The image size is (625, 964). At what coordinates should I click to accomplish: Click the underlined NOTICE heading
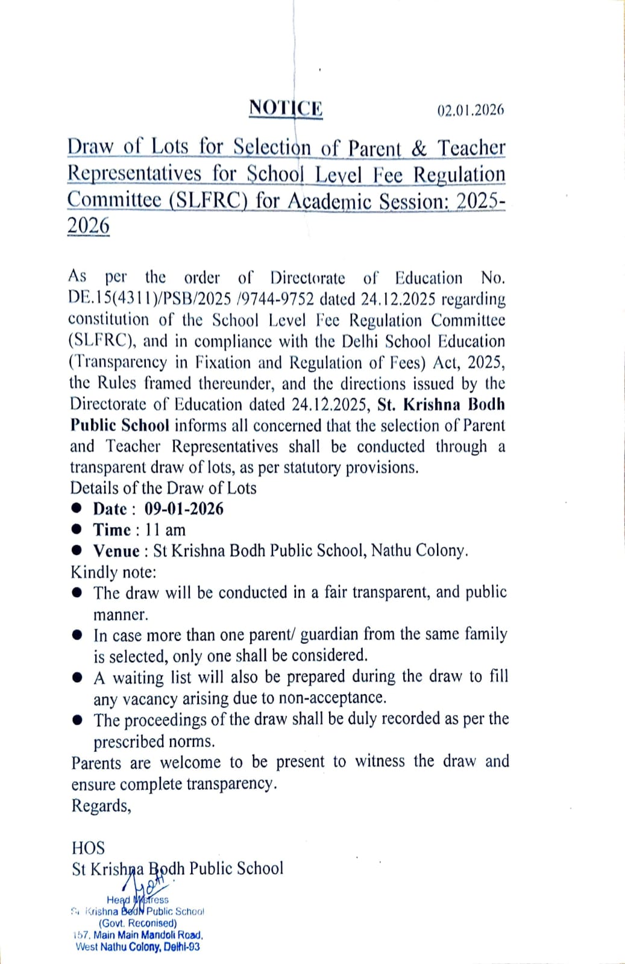point(286,108)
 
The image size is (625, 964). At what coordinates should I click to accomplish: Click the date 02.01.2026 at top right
point(470,110)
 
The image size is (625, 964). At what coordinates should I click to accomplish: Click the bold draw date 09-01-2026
point(184,509)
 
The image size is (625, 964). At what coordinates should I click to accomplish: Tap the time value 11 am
point(166,530)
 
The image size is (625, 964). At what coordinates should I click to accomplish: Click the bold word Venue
point(116,551)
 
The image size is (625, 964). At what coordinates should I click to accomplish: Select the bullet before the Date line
point(77,509)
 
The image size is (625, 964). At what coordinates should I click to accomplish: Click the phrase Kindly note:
point(113,572)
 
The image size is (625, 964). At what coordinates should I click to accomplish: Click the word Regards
point(101,806)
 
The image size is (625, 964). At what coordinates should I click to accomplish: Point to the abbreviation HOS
point(88,848)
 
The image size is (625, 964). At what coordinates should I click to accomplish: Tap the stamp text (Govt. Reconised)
point(138,923)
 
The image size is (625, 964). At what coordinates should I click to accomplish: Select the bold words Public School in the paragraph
point(119,425)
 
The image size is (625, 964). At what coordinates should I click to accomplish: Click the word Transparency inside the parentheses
point(120,363)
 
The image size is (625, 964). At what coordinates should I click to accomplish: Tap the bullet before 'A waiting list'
point(77,677)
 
